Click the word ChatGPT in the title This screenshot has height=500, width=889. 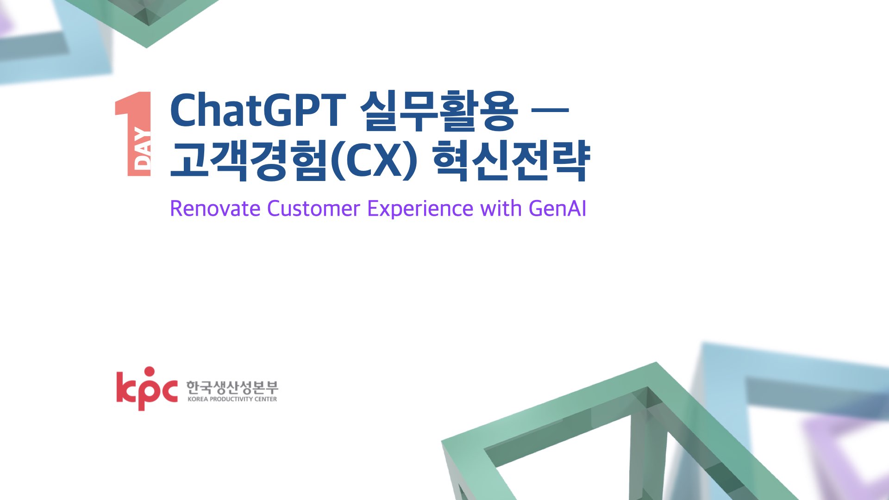[x=258, y=110]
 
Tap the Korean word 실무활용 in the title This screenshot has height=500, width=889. [x=438, y=111]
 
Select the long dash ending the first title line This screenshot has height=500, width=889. [x=550, y=110]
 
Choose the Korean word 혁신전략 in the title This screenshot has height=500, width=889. [x=511, y=160]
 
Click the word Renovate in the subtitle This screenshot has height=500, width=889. [x=215, y=208]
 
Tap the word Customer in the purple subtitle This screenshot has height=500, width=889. [x=313, y=208]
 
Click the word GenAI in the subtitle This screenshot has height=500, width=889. [x=557, y=208]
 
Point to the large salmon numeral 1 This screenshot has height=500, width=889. [x=133, y=134]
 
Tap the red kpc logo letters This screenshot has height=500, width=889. [x=147, y=389]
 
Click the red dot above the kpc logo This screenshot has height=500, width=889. [x=149, y=372]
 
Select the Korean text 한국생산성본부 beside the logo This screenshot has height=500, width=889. [x=232, y=387]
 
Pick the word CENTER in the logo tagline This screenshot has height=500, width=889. [x=266, y=399]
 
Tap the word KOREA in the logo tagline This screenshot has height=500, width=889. [x=198, y=399]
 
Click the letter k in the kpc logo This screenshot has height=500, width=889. [x=125, y=387]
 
